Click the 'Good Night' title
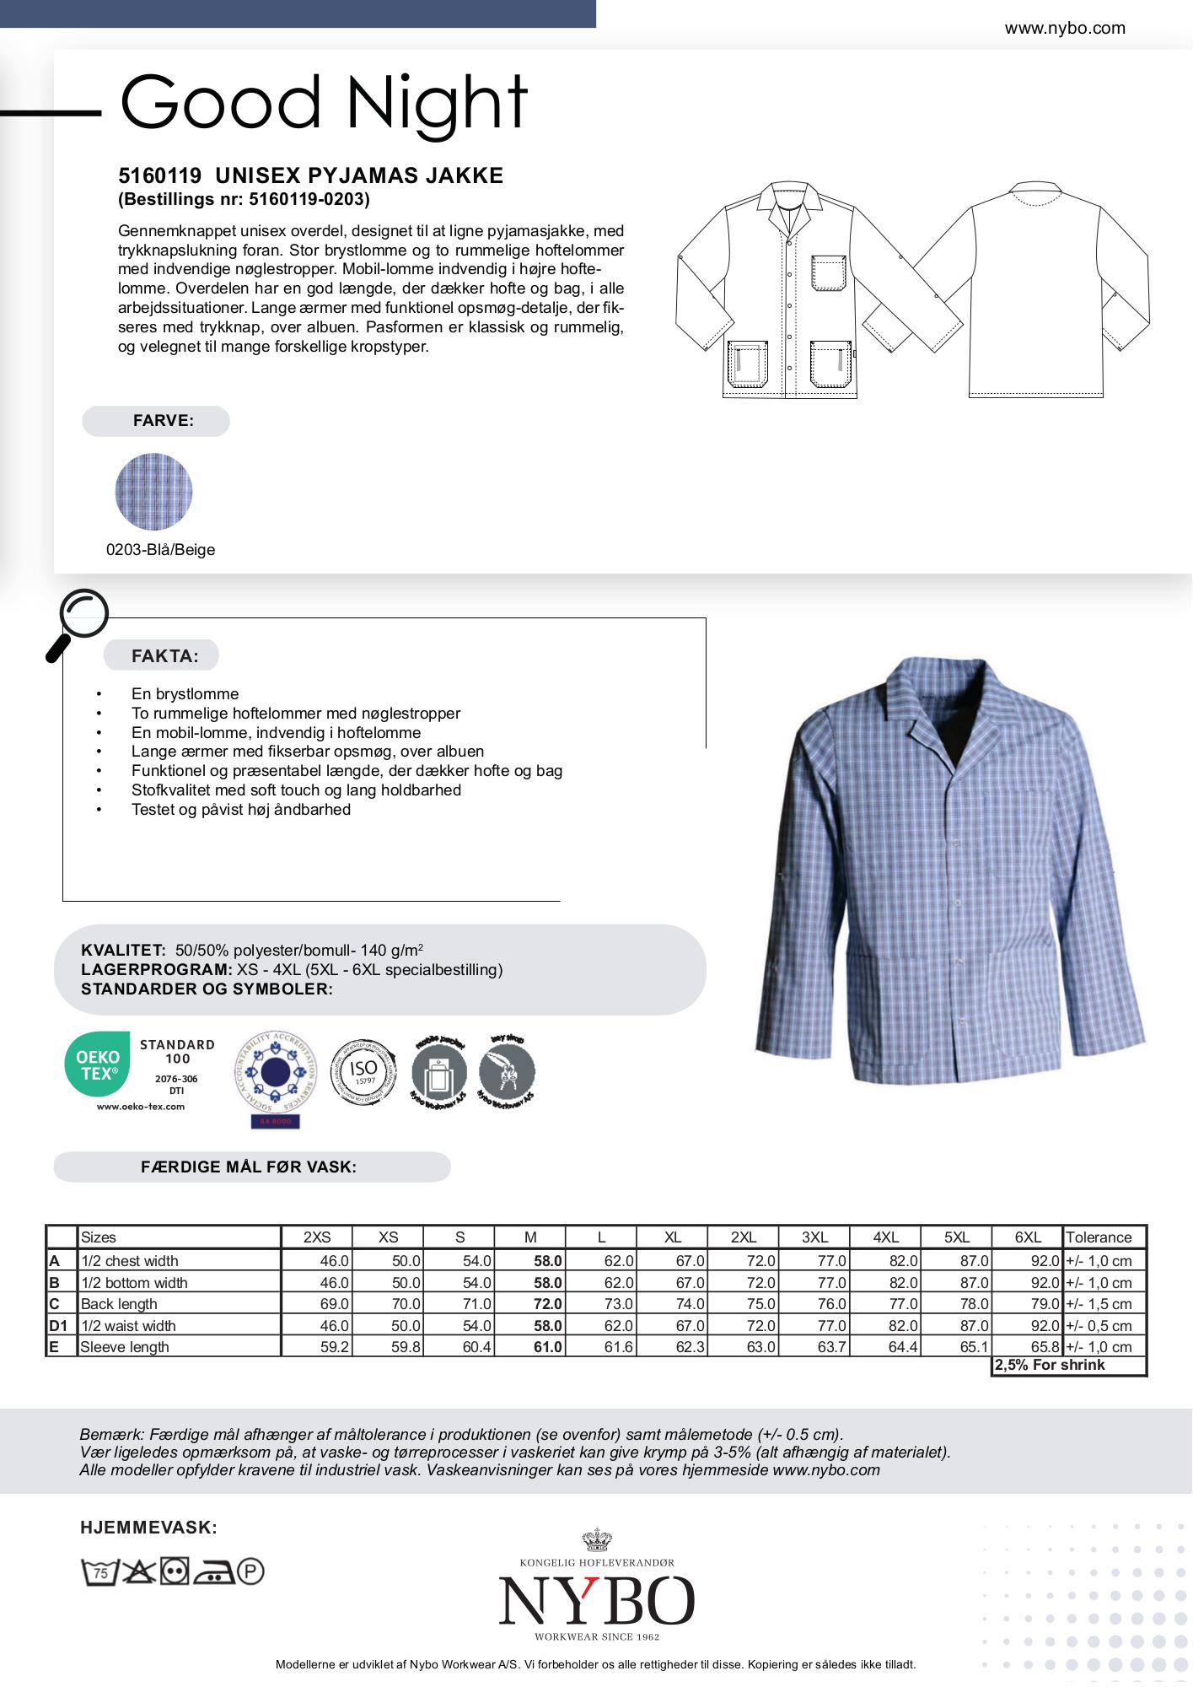coord(324,103)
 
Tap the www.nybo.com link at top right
coord(1064,29)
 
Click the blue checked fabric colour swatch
coord(153,492)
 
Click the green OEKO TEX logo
coord(98,1064)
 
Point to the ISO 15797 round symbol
coord(363,1072)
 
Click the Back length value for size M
coord(547,1304)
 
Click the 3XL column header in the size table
coord(814,1237)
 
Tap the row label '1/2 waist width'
coord(128,1326)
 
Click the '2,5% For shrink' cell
coord(1050,1366)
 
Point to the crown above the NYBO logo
coord(596,1540)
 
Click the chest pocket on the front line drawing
coord(830,272)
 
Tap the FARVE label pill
coord(156,421)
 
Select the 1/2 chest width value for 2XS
coord(334,1261)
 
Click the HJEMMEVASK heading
coord(148,1528)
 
